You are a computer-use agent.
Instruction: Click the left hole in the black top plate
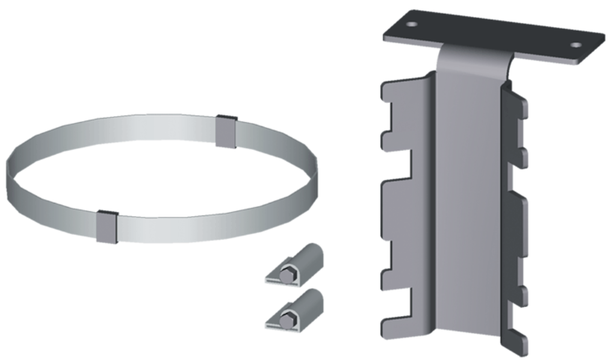click(412, 25)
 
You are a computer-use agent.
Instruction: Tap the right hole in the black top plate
click(576, 45)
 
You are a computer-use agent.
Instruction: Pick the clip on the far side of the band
click(227, 131)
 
